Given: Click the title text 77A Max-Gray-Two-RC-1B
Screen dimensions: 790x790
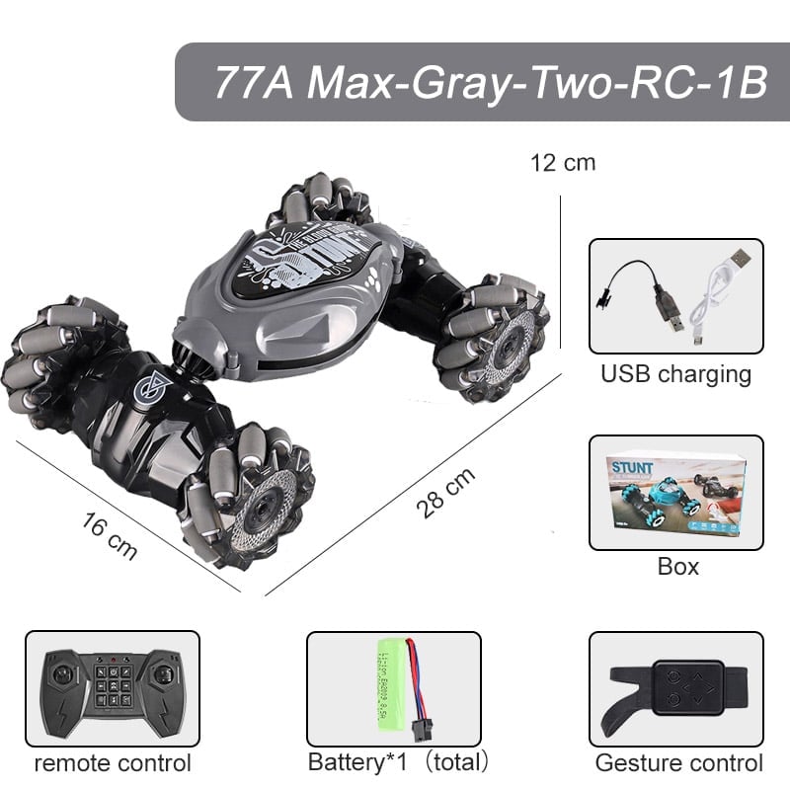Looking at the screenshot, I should (490, 82).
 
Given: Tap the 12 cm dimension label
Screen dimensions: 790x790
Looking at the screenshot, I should (563, 162).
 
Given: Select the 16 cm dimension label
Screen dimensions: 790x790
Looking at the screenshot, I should (108, 535).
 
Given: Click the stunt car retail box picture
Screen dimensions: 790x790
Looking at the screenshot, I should (676, 491).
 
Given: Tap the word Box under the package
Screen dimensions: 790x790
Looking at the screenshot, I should (677, 567).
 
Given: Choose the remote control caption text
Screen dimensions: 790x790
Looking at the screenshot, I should (112, 763).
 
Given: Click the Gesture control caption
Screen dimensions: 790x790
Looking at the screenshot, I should (678, 763).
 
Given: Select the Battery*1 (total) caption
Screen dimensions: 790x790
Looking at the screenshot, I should (398, 762).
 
